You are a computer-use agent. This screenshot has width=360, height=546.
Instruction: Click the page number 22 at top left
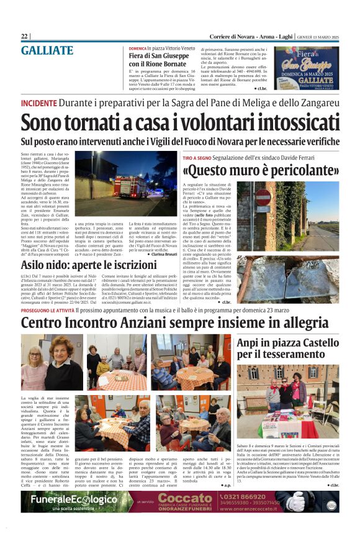pyautogui.click(x=24, y=36)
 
